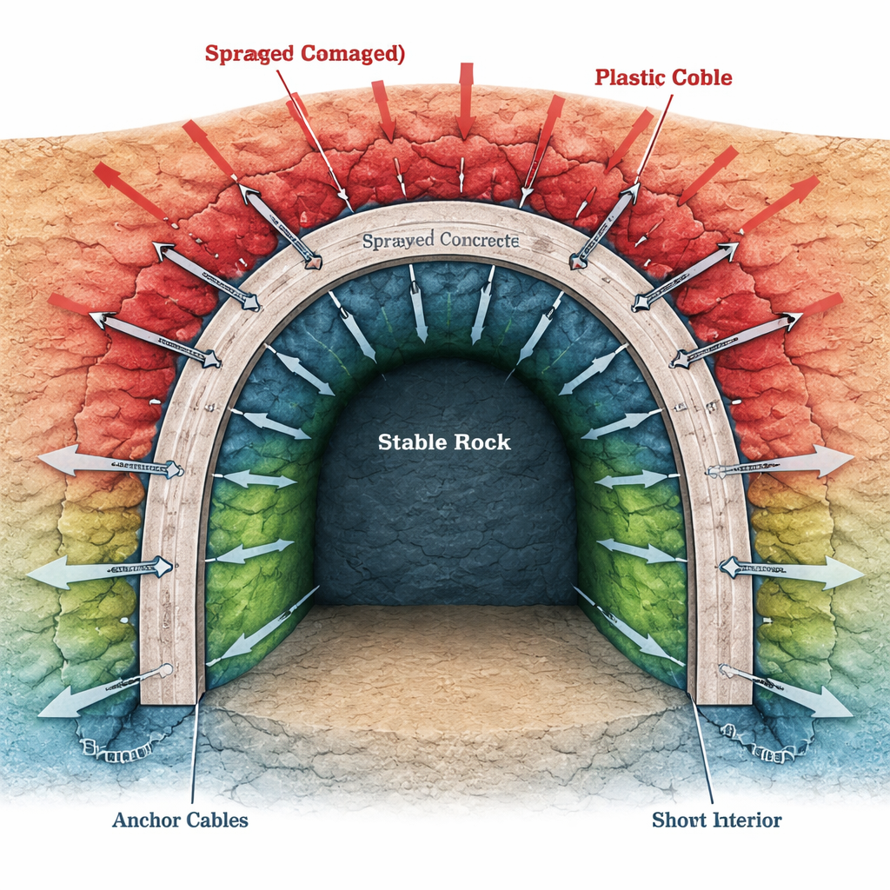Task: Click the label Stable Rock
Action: pos(444,442)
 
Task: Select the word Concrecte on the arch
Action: pos(479,239)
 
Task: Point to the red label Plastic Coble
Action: pos(663,77)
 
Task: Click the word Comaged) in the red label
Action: pos(353,53)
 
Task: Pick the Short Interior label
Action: pos(716,820)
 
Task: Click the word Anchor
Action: pos(146,820)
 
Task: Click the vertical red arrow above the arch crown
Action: pos(466,100)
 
